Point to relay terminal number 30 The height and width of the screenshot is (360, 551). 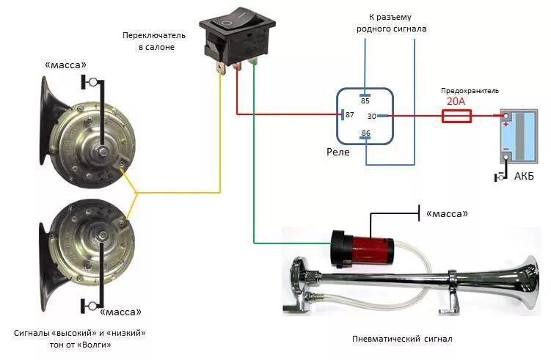coord(372,116)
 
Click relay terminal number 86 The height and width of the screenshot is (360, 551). coord(365,133)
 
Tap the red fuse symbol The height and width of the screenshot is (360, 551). coord(456,116)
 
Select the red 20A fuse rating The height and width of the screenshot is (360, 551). coord(456,102)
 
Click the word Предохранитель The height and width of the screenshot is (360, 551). coord(470,90)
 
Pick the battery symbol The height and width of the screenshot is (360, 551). coord(518,136)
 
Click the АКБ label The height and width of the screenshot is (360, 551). coord(524,177)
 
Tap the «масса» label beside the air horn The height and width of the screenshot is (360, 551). coord(444,213)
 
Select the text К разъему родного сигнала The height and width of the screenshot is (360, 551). coord(391,22)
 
